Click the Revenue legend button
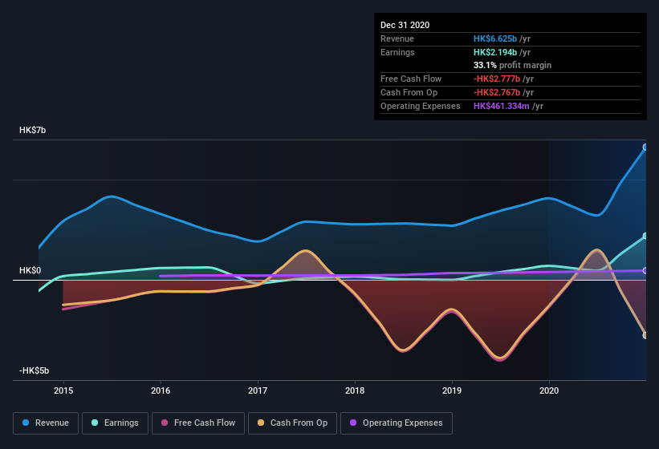point(46,423)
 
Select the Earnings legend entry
point(115,423)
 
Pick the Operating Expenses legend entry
point(396,423)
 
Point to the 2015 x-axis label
point(63,390)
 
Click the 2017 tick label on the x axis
point(258,390)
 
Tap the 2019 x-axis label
point(452,390)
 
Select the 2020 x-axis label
point(549,390)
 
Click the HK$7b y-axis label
point(34,130)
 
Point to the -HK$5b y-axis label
point(35,370)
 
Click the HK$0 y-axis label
point(31,271)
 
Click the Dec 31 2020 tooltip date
point(405,25)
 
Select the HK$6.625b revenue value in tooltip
point(495,38)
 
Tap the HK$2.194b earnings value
point(495,52)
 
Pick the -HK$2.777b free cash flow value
point(497,79)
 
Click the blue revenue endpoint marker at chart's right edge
point(645,147)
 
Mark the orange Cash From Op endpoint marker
point(645,335)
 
